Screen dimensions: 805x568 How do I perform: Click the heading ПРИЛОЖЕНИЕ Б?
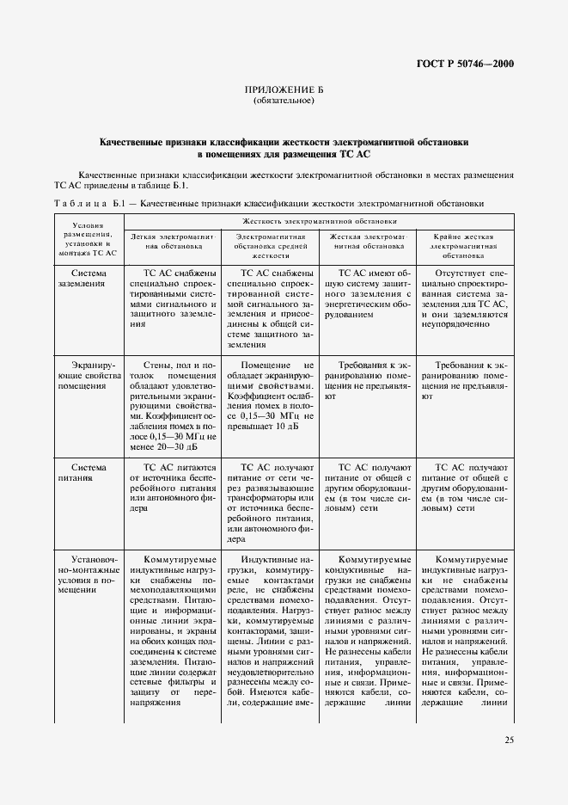pos(284,90)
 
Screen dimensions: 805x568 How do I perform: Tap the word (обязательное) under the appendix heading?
pos(284,101)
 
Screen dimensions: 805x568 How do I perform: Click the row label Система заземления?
pos(89,279)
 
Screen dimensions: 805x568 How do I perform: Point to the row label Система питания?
pos(89,473)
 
